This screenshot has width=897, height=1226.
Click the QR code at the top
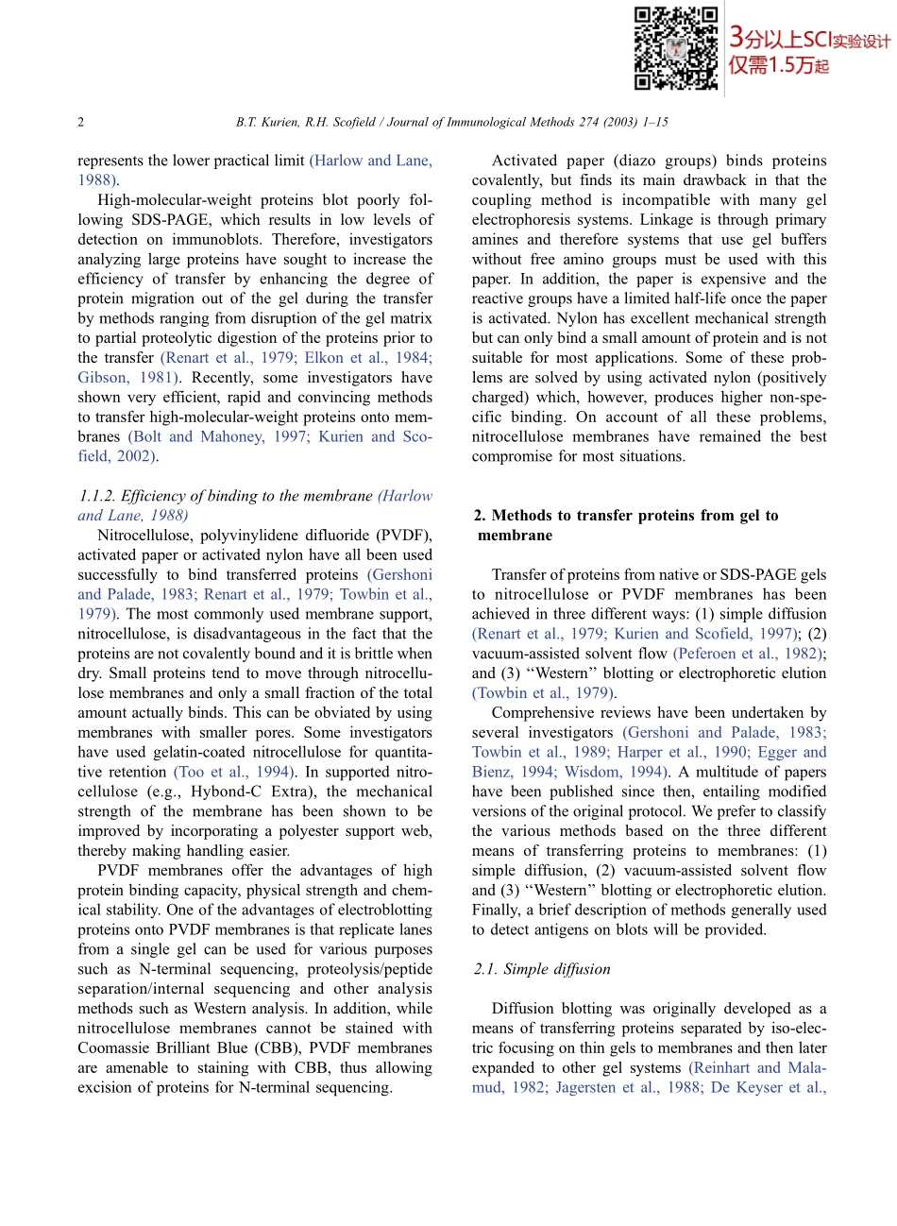tap(675, 48)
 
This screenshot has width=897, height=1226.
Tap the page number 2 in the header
tap(81, 122)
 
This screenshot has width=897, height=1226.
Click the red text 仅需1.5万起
tap(778, 66)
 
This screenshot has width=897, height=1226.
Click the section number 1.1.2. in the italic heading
tap(97, 496)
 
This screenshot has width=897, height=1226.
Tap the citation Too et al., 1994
tap(233, 772)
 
